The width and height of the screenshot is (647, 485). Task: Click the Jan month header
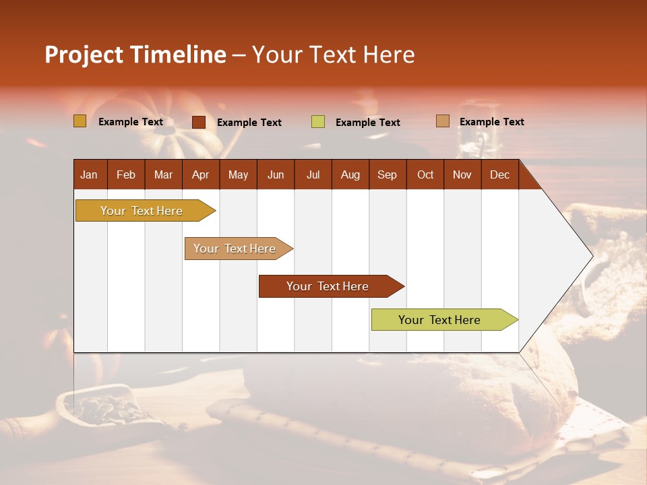89,174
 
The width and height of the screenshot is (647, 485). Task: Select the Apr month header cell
200,174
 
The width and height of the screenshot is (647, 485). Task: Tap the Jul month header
313,174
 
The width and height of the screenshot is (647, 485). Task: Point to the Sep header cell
387,174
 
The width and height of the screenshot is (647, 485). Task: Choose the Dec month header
499,174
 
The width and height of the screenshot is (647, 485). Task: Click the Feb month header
126,174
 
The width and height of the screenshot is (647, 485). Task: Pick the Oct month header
425,174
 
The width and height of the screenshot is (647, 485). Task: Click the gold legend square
80,121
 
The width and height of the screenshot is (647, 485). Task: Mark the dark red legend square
199,122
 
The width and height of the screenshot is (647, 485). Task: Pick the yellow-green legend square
318,122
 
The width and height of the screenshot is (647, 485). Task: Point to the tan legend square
442,121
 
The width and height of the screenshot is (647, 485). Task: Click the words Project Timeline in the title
135,55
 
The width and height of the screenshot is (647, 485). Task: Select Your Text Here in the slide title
333,55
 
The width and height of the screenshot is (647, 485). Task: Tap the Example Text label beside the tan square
491,122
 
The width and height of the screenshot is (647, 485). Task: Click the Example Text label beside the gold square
131,122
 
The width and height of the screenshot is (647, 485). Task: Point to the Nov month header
462,174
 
